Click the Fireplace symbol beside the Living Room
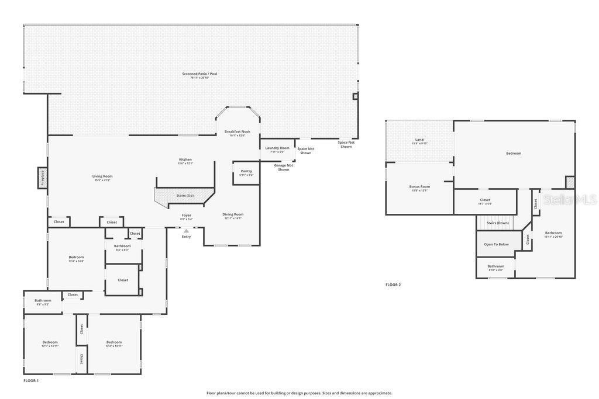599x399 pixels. [x=42, y=178]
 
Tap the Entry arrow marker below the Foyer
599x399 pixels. [x=186, y=231]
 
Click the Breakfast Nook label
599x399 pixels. [x=237, y=131]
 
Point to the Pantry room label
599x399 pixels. [x=246, y=171]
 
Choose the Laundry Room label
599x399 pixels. [x=277, y=148]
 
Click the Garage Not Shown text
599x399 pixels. [x=284, y=167]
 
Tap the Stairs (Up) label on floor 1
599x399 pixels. [x=185, y=195]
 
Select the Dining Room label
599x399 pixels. [x=233, y=214]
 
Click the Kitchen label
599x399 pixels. [x=185, y=159]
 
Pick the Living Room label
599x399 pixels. [x=102, y=176]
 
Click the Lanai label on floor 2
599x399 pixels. [x=419, y=140]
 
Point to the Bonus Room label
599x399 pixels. [x=419, y=186]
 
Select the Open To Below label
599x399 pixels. [x=495, y=244]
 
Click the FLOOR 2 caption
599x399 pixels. [x=393, y=284]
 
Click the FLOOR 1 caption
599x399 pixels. [x=31, y=380]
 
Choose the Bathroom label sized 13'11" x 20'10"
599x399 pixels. [x=553, y=233]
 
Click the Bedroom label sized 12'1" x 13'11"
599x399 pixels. [x=50, y=342]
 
